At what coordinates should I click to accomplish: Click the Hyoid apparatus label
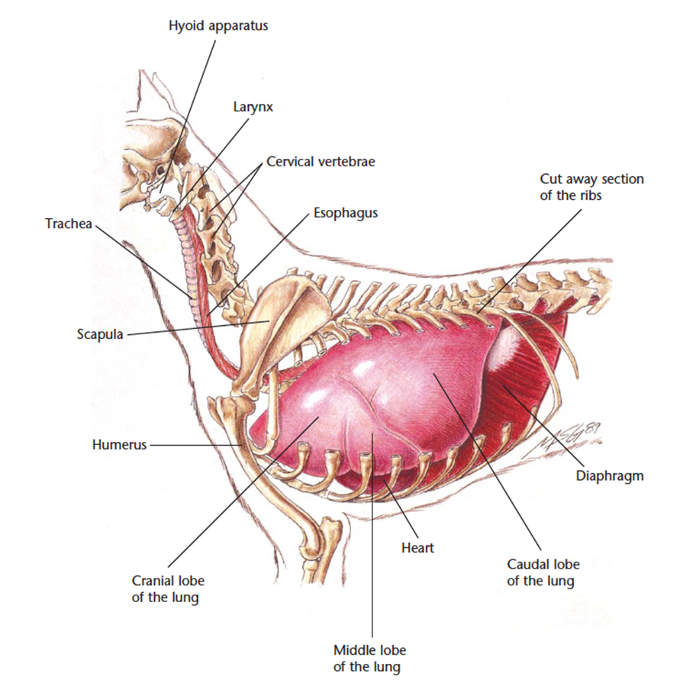pos(218,26)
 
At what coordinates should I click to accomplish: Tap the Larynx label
pos(253,107)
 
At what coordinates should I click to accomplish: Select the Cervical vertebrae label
pos(321,162)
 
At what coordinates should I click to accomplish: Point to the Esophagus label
pos(346,213)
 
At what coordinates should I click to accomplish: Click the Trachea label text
pos(69,224)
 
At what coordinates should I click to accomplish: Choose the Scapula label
pos(100,334)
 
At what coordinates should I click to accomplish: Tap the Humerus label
pos(119,444)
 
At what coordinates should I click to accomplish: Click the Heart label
pos(417,548)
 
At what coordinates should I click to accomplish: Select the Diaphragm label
pos(610,476)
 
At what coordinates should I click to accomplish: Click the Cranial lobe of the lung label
pos(168,589)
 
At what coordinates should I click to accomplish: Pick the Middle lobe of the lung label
pos(369,659)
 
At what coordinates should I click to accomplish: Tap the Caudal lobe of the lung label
pos(543,572)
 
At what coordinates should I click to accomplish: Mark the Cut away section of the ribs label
pos(591,187)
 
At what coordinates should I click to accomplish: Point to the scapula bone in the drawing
pos(284,328)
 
